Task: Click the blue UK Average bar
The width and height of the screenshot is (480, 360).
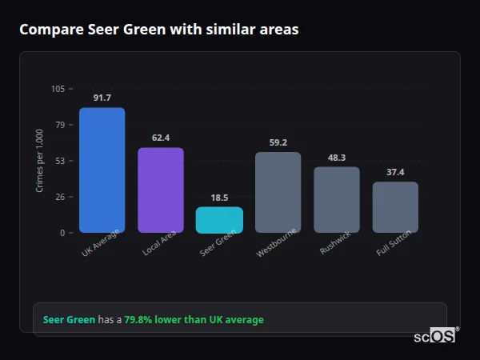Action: [102, 170]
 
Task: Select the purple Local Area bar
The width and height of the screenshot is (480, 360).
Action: [161, 190]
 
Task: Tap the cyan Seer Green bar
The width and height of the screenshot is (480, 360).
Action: [219, 220]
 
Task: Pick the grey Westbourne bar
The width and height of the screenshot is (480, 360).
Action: [278, 192]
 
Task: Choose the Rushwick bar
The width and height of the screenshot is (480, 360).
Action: [337, 199]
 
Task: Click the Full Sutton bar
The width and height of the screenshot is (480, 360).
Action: [395, 207]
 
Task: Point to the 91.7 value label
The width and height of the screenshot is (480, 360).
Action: [102, 98]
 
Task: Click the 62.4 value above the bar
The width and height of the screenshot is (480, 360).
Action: [161, 138]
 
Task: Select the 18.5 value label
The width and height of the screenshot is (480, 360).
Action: [219, 198]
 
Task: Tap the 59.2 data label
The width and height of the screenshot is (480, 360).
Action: [278, 142]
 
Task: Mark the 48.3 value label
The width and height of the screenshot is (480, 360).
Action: [337, 158]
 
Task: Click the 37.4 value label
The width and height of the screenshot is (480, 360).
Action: [395, 172]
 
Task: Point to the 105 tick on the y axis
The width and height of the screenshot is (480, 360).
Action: [58, 89]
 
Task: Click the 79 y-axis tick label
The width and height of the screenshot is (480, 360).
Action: [60, 125]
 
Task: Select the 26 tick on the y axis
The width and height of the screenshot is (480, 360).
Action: [60, 197]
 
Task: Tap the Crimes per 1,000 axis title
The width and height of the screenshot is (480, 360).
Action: [39, 161]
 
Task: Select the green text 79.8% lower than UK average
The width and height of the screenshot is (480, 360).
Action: [194, 320]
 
